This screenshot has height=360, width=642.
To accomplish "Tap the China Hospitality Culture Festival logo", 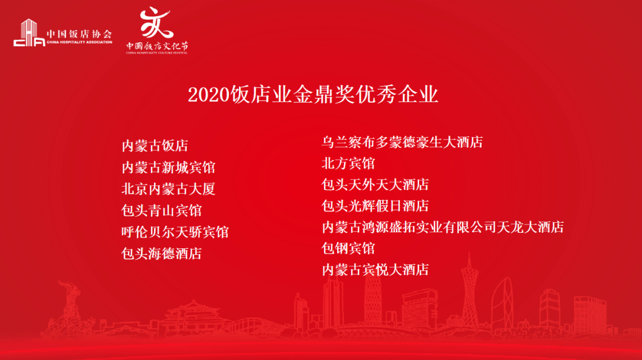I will pyautogui.click(x=156, y=31).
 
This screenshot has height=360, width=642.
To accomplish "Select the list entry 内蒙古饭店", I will pyautogui.click(x=155, y=146).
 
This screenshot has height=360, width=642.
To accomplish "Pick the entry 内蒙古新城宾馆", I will pyautogui.click(x=168, y=168).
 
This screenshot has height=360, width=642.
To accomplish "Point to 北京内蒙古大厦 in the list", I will pyautogui.click(x=168, y=189).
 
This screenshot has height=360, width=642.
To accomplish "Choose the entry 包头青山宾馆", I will pyautogui.click(x=162, y=210).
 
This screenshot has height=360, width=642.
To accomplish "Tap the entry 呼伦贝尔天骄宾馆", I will pyautogui.click(x=175, y=232).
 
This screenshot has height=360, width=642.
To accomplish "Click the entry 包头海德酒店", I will pyautogui.click(x=162, y=254).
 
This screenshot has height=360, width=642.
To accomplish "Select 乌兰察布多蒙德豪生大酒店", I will pyautogui.click(x=402, y=143).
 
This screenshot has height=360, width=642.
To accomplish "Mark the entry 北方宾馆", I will pyautogui.click(x=348, y=163).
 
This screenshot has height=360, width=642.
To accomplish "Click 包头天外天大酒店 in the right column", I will pyautogui.click(x=375, y=185).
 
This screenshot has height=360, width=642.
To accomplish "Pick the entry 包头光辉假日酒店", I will pyautogui.click(x=375, y=206).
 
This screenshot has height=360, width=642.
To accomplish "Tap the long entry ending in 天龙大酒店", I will pyautogui.click(x=442, y=227).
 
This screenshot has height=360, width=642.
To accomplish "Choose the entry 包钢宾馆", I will pyautogui.click(x=348, y=248).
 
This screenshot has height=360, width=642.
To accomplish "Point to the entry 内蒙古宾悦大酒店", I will pyautogui.click(x=375, y=270).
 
